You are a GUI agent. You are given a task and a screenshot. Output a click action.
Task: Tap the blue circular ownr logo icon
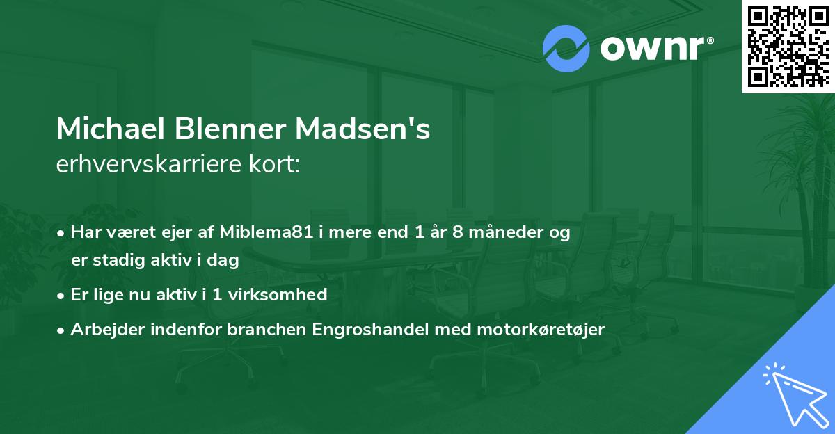[x=566, y=48]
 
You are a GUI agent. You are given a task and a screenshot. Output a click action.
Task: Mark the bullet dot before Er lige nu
[x=61, y=295]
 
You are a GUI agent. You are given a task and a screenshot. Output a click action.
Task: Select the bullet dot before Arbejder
[x=61, y=329]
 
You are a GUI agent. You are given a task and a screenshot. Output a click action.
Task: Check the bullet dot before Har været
[x=61, y=233]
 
